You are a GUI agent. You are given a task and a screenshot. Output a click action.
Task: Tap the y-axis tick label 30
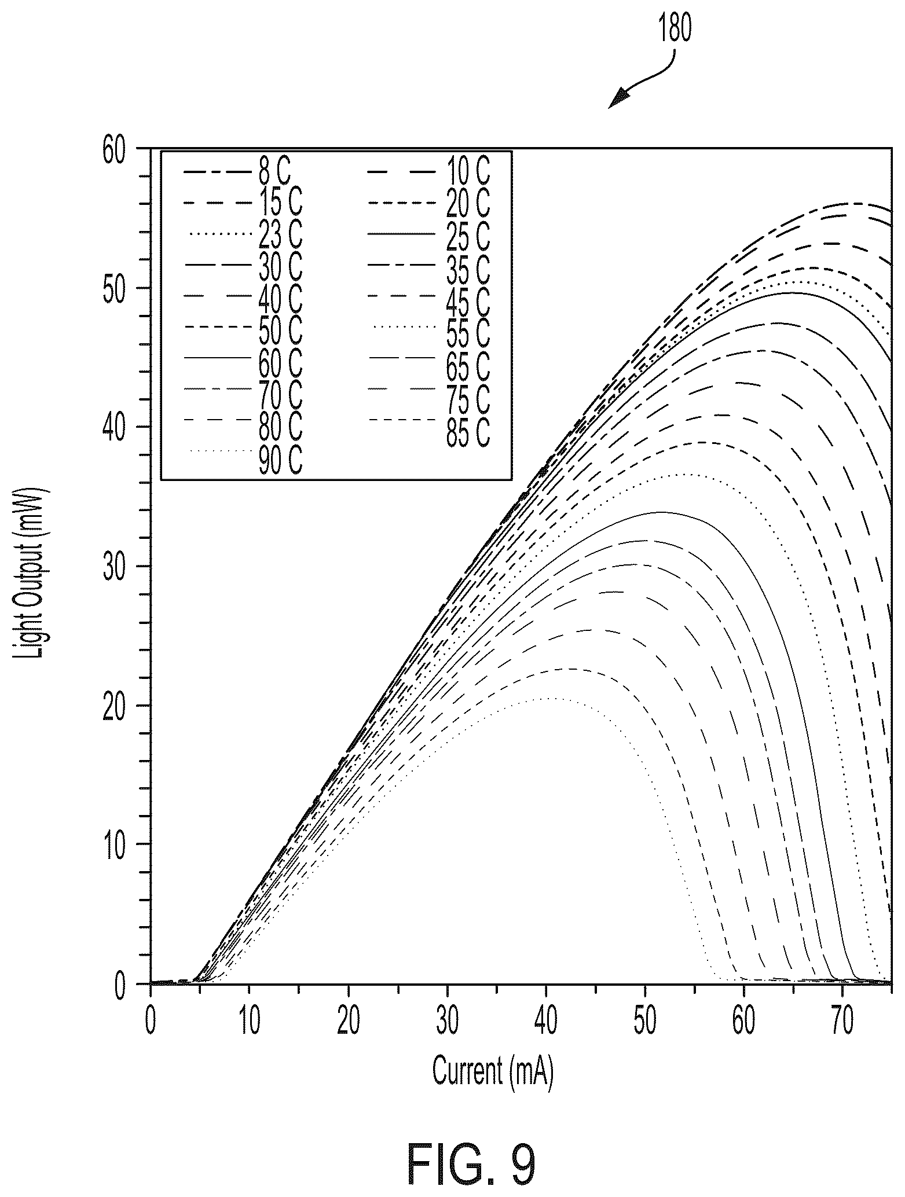[116, 567]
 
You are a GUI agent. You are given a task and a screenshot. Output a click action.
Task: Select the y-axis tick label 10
[116, 844]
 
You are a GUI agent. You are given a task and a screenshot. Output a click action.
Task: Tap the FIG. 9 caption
[472, 1146]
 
